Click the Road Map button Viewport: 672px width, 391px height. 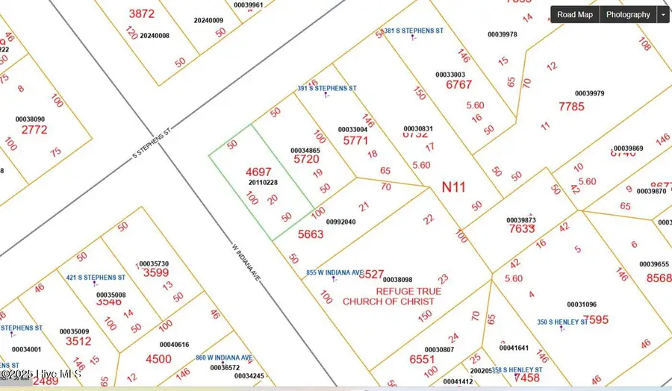(575, 14)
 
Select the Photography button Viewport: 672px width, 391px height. (628, 14)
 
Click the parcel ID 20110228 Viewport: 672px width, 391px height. (263, 183)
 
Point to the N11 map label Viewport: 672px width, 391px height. (453, 186)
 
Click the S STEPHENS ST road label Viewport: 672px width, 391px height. (152, 142)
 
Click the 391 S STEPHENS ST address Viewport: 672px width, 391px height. (327, 88)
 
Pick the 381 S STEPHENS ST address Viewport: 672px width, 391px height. (414, 31)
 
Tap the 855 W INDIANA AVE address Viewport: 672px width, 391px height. (335, 272)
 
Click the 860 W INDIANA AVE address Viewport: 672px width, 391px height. (223, 358)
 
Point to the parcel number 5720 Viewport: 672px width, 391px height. (306, 160)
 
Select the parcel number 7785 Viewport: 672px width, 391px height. (571, 107)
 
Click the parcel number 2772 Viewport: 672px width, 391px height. (34, 130)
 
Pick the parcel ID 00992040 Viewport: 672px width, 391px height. (341, 222)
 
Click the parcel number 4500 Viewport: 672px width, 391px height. (158, 359)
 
